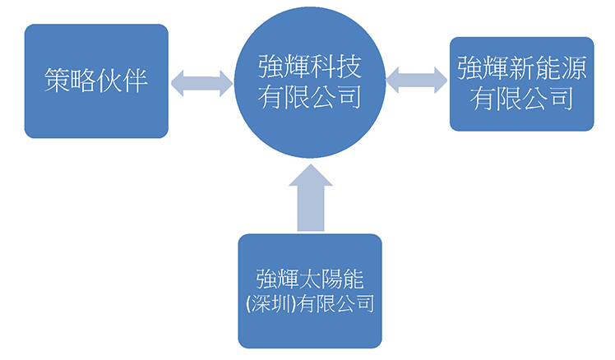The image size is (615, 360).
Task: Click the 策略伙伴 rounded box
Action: pos(96,81)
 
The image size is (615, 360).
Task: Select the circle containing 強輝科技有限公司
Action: pos(310,82)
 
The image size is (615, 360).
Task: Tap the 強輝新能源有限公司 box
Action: pos(521,84)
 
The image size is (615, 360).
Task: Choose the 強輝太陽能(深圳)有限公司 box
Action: pos(310,291)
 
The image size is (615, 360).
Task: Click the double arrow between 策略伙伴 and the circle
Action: pos(201,83)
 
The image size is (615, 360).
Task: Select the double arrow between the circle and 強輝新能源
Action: pos(417,81)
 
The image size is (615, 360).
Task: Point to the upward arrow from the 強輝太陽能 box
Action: pos(311,197)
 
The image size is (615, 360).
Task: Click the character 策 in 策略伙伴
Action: pos(57,81)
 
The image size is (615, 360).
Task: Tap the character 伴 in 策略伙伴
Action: pos(135,81)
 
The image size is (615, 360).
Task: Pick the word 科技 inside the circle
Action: pos(335,67)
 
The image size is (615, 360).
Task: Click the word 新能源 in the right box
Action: pos(548,68)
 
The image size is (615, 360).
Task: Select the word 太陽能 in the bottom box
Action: pos(331,279)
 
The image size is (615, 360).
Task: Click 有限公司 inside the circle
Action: pos(310,96)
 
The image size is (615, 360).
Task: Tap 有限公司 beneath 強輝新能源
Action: pos(521,99)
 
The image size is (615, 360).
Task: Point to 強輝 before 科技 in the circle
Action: pos(284,67)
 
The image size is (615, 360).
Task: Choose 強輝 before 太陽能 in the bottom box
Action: pos(278,279)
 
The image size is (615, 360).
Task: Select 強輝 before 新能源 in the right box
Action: pos(483,68)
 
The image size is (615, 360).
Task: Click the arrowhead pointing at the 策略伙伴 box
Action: pos(178,83)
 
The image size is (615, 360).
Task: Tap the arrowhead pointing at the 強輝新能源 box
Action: pos(441,81)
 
